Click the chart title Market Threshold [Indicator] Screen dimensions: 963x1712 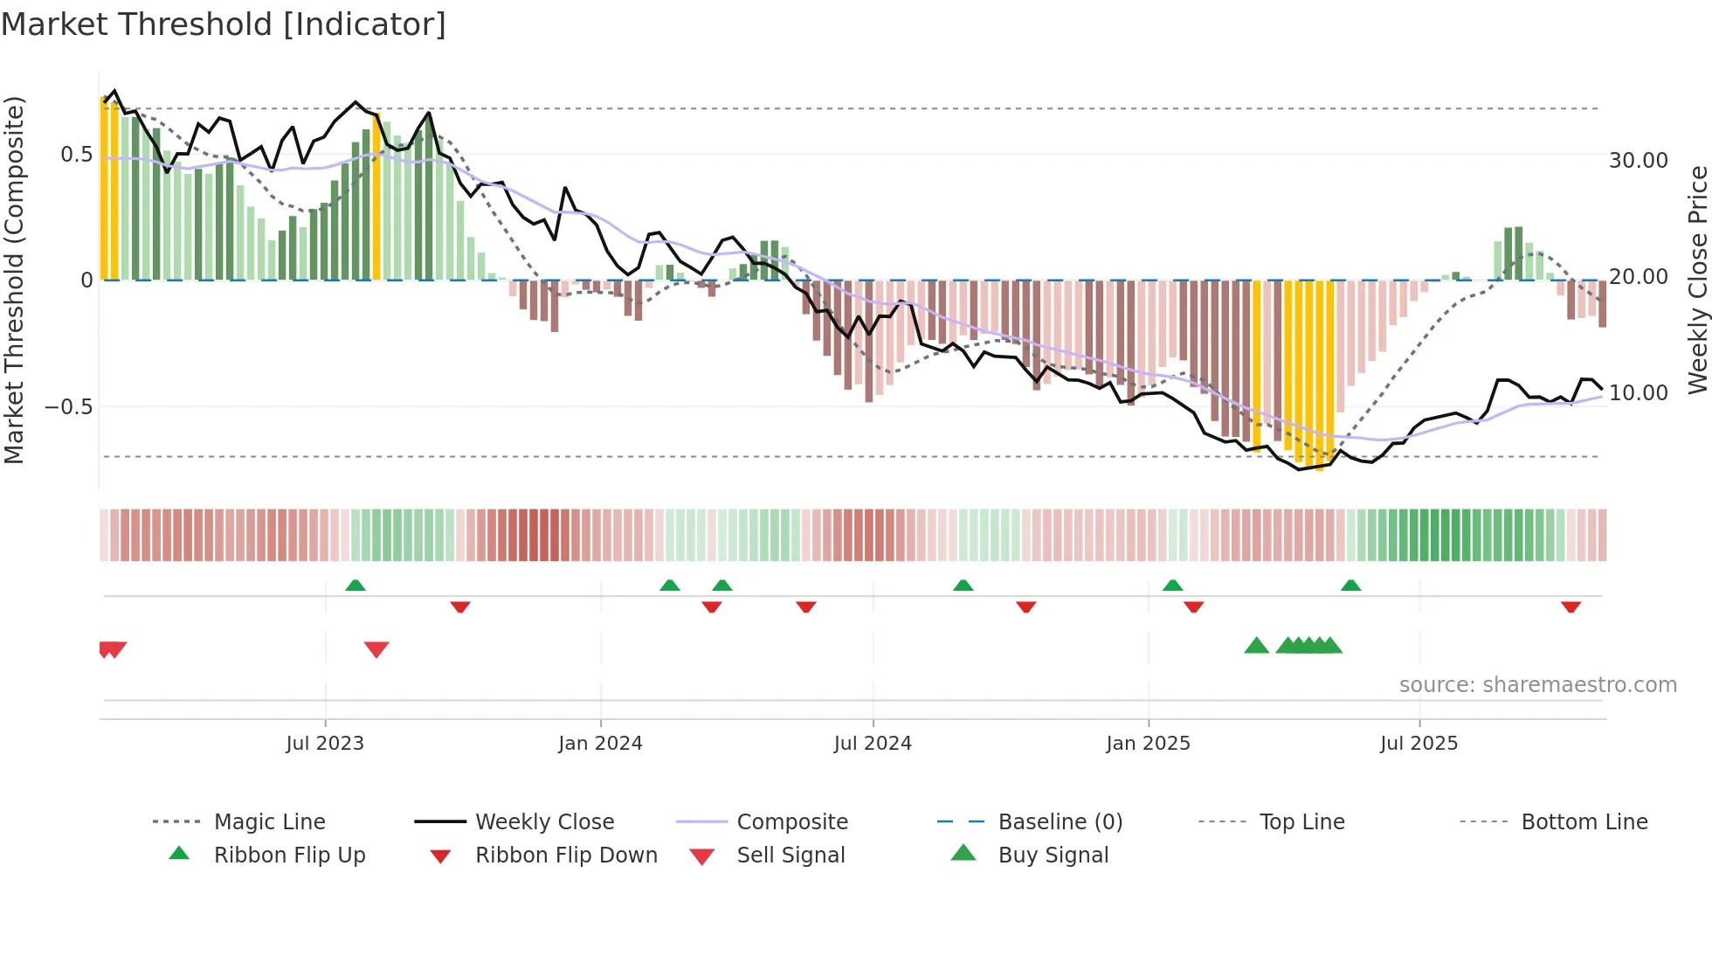coord(224,24)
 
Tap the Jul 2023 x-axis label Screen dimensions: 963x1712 coord(325,744)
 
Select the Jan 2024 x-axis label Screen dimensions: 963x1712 coord(600,744)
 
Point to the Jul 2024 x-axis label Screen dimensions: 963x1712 coord(873,744)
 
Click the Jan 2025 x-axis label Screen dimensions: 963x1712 coord(1148,744)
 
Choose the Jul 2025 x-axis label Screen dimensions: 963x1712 coord(1419,744)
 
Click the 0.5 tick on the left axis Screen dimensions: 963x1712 coord(76,155)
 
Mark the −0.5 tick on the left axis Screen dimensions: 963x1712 coord(68,407)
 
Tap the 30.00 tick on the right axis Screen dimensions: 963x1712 coord(1639,161)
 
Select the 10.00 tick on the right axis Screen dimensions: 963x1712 coord(1639,393)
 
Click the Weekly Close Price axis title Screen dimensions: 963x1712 coord(1697,280)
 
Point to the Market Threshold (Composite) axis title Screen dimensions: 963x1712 coord(14,280)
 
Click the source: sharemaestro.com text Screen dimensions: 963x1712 coord(1537,685)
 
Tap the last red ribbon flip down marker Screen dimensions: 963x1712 coord(1570,606)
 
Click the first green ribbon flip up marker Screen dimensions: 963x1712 coord(356,585)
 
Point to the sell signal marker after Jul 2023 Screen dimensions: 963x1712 coord(376,649)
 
